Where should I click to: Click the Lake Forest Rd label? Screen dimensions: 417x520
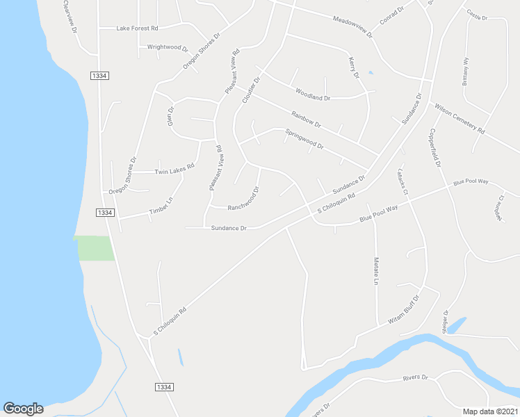[138, 28]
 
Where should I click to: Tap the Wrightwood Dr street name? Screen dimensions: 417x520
[168, 48]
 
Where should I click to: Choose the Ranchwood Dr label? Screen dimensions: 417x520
[244, 199]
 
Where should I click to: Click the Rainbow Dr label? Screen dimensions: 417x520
[306, 120]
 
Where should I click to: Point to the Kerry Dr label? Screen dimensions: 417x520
[352, 67]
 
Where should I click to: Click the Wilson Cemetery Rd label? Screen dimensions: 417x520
[460, 118]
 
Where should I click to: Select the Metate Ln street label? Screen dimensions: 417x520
[375, 271]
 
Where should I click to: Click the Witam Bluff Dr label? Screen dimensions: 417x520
[404, 310]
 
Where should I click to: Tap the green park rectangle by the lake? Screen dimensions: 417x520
[95, 248]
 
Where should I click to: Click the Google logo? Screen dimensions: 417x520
[23, 408]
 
